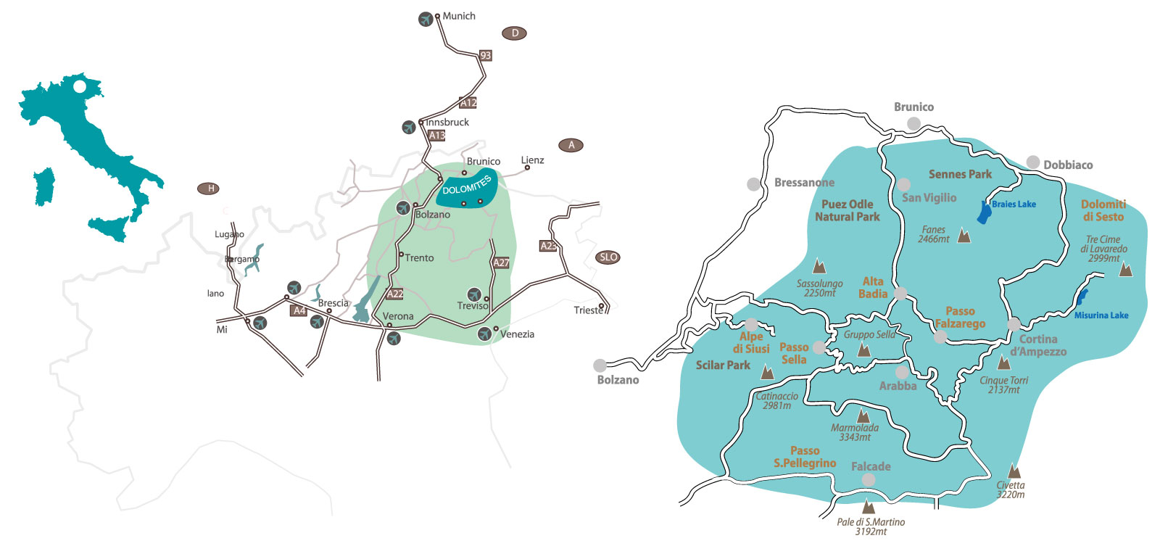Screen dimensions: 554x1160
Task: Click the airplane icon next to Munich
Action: pyautogui.click(x=426, y=20)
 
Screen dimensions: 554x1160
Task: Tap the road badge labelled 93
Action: pyautogui.click(x=486, y=55)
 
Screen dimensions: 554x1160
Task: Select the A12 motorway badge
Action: pyautogui.click(x=468, y=103)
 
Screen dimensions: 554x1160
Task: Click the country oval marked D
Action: pyautogui.click(x=514, y=33)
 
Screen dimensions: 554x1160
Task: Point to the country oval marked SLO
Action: pyautogui.click(x=608, y=257)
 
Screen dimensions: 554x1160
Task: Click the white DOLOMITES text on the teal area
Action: pyautogui.click(x=467, y=185)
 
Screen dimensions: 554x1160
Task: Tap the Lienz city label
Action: pyautogui.click(x=532, y=160)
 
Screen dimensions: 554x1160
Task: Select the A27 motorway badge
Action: pyautogui.click(x=501, y=262)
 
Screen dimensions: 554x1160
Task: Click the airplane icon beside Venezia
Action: pyautogui.click(x=484, y=334)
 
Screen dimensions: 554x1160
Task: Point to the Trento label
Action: pyautogui.click(x=419, y=258)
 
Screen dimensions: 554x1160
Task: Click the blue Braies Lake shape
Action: pyautogui.click(x=985, y=213)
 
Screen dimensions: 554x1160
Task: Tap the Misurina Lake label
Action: pyautogui.click(x=1101, y=315)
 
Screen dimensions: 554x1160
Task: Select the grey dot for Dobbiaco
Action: pyautogui.click(x=1033, y=162)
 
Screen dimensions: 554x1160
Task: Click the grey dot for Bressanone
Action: pyautogui.click(x=754, y=184)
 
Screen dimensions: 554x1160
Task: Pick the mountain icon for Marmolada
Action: pyautogui.click(x=863, y=416)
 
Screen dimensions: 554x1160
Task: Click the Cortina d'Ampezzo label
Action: pyautogui.click(x=1038, y=345)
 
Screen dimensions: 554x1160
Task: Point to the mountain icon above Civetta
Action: pyautogui.click(x=1014, y=471)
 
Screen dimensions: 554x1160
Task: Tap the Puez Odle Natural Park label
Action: pyautogui.click(x=847, y=210)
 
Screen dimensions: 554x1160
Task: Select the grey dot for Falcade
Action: pyautogui.click(x=869, y=480)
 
